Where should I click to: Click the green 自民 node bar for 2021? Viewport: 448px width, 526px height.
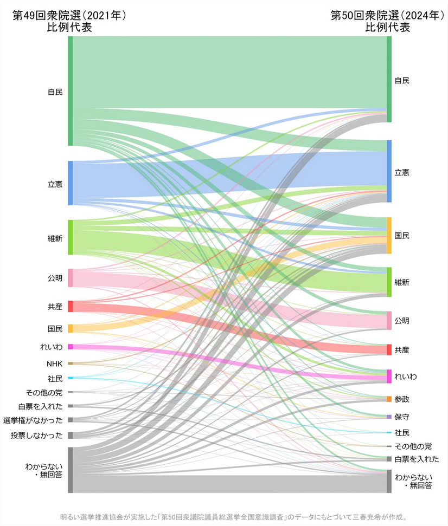point(71,91)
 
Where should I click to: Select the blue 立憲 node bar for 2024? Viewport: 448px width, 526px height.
point(389,171)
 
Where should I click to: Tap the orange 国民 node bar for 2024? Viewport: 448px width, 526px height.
point(389,236)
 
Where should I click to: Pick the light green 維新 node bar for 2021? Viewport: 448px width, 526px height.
point(71,237)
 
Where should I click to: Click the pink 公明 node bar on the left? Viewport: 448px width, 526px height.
point(71,278)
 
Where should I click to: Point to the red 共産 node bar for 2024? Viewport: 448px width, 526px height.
point(389,349)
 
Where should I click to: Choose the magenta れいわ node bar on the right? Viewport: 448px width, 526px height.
point(389,376)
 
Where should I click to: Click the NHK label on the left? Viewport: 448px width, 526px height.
point(55,363)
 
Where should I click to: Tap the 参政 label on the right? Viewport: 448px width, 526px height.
point(402,399)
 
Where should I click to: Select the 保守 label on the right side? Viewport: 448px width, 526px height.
point(402,417)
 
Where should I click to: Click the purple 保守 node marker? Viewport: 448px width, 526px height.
point(389,417)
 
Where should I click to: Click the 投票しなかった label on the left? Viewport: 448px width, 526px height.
point(36,436)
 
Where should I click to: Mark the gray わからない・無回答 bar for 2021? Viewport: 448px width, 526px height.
point(71,470)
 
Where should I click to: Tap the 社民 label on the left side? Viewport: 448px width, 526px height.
point(55,378)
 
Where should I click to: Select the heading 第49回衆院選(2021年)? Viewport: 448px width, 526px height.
point(69,16)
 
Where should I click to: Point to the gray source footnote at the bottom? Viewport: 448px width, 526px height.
point(233,517)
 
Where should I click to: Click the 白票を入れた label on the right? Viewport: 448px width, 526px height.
point(417,459)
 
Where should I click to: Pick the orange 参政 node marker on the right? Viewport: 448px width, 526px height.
point(389,399)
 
